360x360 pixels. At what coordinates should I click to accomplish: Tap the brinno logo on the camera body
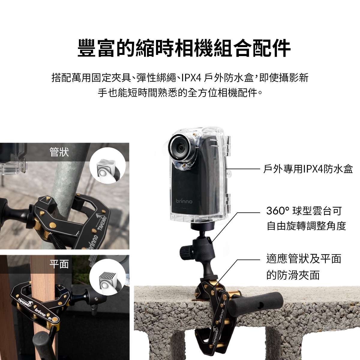(x=184, y=201)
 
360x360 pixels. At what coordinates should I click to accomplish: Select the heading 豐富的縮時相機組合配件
(x=184, y=48)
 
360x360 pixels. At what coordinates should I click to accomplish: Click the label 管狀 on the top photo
(x=59, y=152)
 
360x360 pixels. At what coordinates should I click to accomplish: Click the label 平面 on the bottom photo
(x=59, y=264)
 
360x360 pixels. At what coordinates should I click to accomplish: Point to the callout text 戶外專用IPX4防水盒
(x=308, y=169)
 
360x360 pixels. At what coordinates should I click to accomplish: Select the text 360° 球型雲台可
(x=304, y=211)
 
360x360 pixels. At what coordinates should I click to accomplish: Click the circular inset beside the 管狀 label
(x=107, y=166)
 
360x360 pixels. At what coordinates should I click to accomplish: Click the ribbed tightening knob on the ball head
(x=185, y=252)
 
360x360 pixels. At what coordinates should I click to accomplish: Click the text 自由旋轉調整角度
(x=306, y=226)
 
